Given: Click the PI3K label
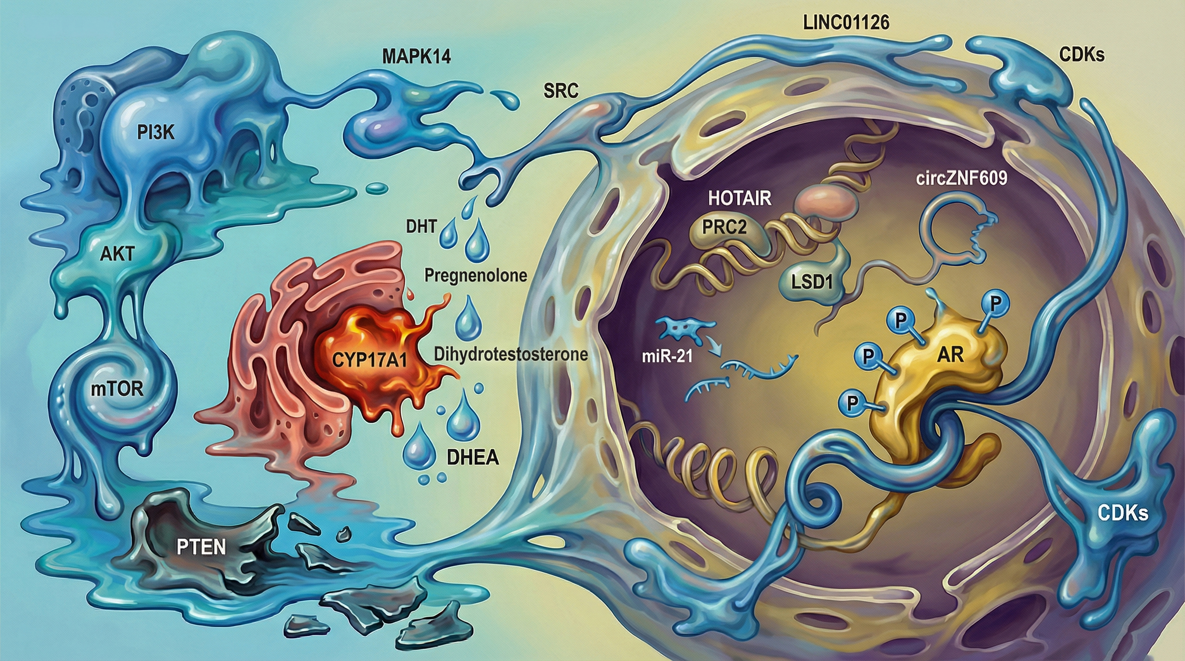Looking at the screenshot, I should pos(156,133).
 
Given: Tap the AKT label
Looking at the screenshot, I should pos(117,254).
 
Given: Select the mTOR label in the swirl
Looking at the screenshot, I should pos(117,389).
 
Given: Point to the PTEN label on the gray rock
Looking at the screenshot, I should pos(202,547).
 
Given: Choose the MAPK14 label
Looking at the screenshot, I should pos(416,56).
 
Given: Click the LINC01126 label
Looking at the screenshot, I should pos(846,23).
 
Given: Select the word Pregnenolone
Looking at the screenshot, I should pos(475,275).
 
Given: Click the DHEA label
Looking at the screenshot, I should pos(473,458).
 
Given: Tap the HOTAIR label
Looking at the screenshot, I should pos(739,198).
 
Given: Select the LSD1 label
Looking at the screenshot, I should pos(812,282).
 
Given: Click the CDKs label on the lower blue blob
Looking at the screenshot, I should pos(1123,513).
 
